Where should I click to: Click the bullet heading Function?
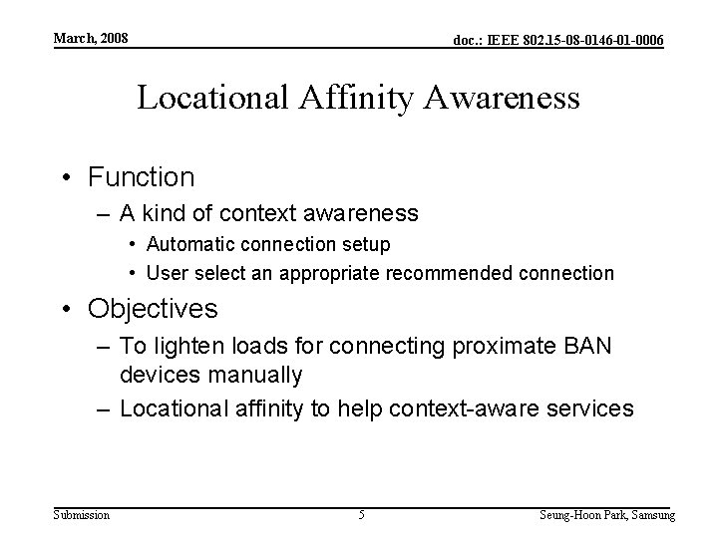click(141, 177)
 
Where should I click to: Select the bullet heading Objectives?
click(153, 309)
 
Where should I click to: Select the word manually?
click(255, 376)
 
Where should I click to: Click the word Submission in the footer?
click(82, 514)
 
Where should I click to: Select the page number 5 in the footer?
click(361, 514)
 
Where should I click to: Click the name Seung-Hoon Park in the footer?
click(582, 514)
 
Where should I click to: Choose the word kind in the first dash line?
click(166, 213)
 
